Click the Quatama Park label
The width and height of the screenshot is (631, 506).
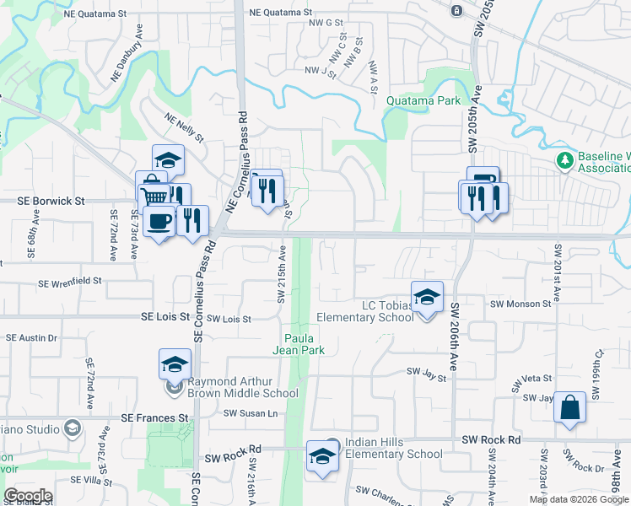click(x=423, y=100)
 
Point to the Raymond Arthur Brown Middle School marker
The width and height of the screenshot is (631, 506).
click(x=175, y=364)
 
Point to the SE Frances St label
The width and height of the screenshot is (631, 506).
click(x=154, y=417)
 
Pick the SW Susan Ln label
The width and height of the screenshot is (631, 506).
click(x=250, y=413)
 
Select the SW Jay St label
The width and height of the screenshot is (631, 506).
click(x=425, y=371)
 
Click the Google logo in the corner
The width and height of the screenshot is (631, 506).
click(x=27, y=496)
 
